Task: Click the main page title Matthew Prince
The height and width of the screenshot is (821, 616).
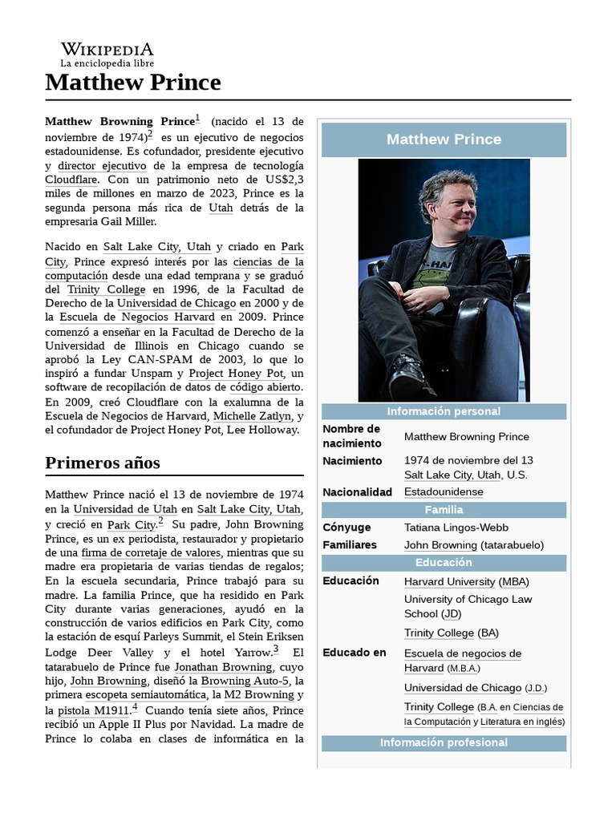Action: [x=132, y=83]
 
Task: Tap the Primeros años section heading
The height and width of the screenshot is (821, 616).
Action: [x=102, y=463]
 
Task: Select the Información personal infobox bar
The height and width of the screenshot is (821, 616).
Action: [x=444, y=411]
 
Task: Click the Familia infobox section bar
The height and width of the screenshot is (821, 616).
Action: [x=444, y=510]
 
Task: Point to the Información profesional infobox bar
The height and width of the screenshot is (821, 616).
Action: [x=444, y=742]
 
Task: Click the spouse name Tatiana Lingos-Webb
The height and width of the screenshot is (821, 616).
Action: [x=456, y=528]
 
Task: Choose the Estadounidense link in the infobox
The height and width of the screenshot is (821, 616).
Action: [x=444, y=491]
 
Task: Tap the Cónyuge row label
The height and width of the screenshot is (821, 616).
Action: [x=346, y=528]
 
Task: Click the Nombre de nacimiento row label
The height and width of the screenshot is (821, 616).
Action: [x=351, y=436]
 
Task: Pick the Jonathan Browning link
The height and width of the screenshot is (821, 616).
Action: [x=223, y=667]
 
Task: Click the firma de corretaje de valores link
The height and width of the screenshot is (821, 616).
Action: [x=150, y=553]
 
